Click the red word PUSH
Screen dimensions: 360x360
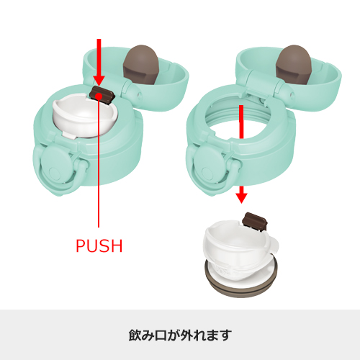pyautogui.click(x=99, y=246)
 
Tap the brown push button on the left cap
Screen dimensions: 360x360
pyautogui.click(x=102, y=94)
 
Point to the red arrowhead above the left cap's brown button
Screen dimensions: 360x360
pyautogui.click(x=99, y=78)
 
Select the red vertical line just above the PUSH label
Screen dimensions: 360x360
pyautogui.click(x=99, y=180)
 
